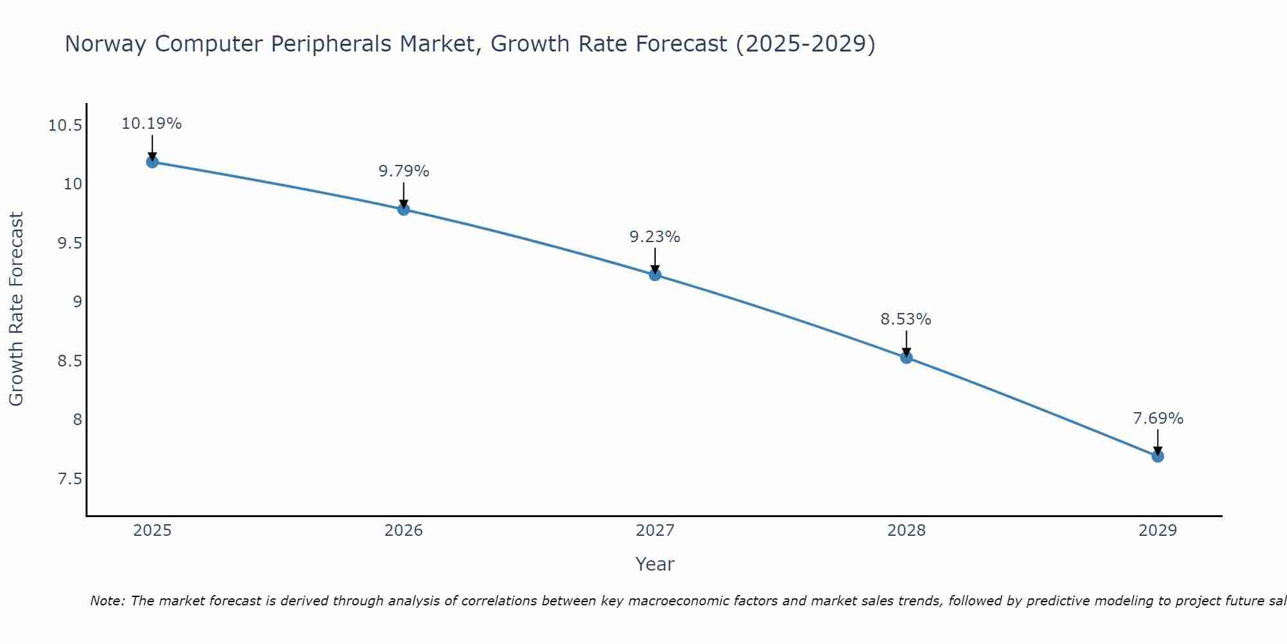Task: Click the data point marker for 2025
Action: point(153,162)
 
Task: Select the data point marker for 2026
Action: point(403,209)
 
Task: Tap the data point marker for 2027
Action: point(655,275)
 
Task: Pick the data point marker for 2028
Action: point(906,357)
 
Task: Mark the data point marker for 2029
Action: point(1158,456)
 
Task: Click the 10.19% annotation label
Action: point(152,124)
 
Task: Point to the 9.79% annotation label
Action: point(403,171)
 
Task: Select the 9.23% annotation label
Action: point(655,237)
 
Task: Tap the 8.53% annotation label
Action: point(906,319)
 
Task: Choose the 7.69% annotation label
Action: point(1158,419)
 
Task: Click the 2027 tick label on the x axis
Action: point(655,531)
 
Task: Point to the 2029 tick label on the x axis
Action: point(1158,531)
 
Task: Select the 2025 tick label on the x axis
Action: point(153,531)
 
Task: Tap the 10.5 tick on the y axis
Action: point(65,125)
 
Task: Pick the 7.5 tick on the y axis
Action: point(69,479)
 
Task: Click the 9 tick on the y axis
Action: point(77,302)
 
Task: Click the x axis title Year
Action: point(655,564)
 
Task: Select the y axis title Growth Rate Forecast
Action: point(16,309)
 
